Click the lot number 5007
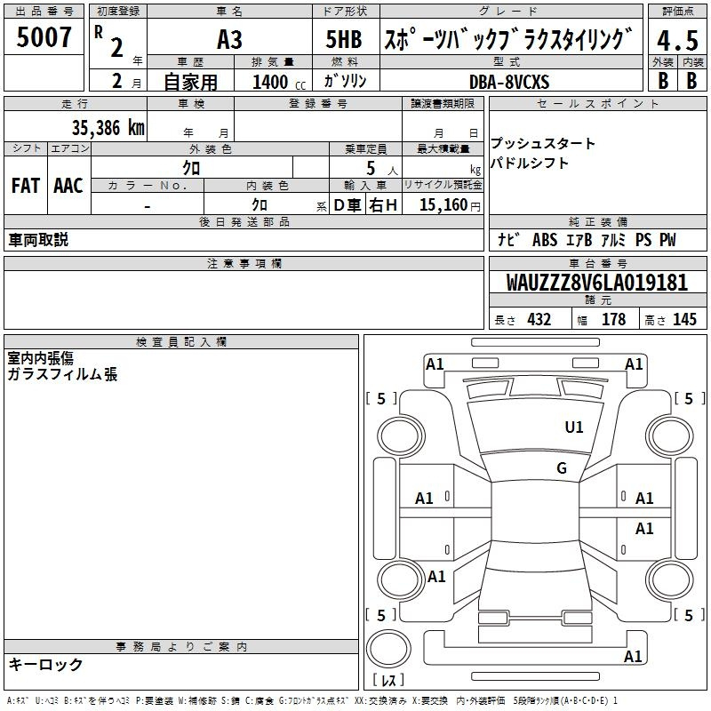click(x=44, y=37)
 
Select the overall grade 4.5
click(x=677, y=40)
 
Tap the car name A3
click(x=229, y=40)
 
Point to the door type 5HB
click(x=344, y=39)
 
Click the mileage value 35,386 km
click(x=108, y=128)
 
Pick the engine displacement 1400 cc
click(x=279, y=82)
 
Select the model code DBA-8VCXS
click(x=509, y=82)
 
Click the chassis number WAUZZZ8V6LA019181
click(x=596, y=282)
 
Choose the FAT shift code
click(x=26, y=186)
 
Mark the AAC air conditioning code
click(x=68, y=186)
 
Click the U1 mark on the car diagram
click(x=573, y=427)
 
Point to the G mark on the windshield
click(x=562, y=467)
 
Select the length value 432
click(x=539, y=319)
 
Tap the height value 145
click(x=684, y=319)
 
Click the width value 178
click(x=613, y=319)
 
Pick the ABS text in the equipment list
click(x=545, y=240)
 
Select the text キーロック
click(x=45, y=664)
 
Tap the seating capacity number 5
click(x=371, y=168)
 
